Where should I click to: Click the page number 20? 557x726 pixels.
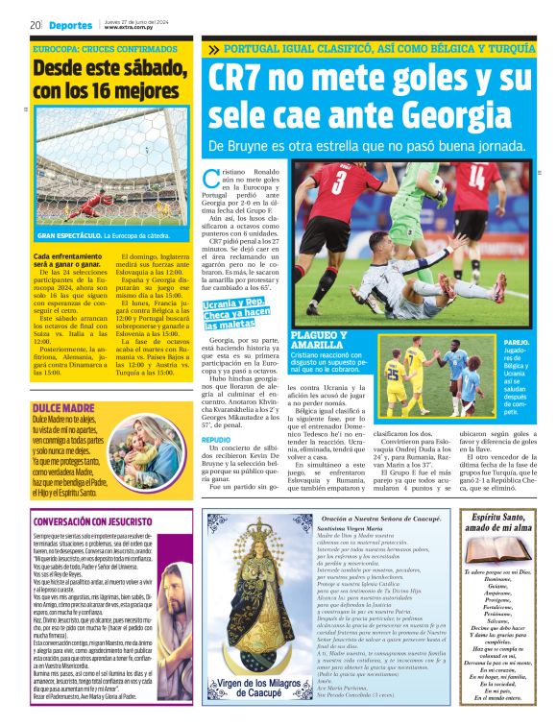pos(34,25)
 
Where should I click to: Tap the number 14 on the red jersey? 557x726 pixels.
pos(474,178)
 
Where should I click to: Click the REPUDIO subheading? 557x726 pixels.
pos(216,439)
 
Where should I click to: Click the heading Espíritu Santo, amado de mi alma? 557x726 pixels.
pos(490,523)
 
